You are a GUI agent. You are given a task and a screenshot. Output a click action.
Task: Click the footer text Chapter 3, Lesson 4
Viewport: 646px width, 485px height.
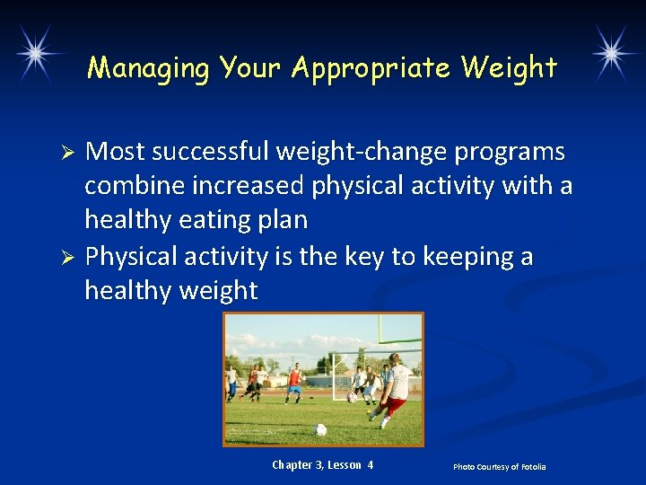click(322, 465)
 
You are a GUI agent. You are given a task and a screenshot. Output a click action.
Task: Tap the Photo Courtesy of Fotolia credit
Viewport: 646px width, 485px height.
click(499, 467)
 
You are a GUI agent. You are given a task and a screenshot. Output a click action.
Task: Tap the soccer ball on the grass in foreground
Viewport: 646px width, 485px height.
click(321, 430)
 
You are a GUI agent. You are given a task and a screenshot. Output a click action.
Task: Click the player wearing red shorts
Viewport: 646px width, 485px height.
click(391, 386)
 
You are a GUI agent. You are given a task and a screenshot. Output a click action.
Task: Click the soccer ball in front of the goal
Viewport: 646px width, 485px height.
click(353, 397)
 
